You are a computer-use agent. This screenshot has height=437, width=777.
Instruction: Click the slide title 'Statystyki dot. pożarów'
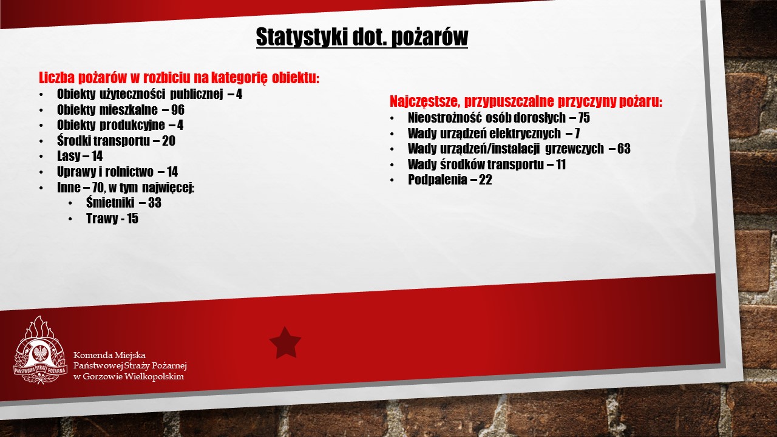362,37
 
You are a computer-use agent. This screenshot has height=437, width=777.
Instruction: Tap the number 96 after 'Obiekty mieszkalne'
178,110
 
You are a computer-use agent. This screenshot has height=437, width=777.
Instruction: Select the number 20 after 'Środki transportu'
169,141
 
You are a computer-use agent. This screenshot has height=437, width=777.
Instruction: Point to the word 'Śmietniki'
110,203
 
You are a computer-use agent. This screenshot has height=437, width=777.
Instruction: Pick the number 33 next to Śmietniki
155,203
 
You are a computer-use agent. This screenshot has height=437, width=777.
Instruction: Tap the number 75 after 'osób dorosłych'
584,118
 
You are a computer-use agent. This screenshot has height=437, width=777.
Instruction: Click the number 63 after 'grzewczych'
623,149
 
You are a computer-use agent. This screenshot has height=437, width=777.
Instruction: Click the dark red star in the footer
285,343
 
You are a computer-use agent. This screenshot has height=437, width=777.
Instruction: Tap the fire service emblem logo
40,350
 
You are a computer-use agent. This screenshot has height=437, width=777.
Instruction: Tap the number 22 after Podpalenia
486,180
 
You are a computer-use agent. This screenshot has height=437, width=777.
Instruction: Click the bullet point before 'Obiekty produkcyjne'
42,126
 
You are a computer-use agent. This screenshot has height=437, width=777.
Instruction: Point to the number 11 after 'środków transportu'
561,164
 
